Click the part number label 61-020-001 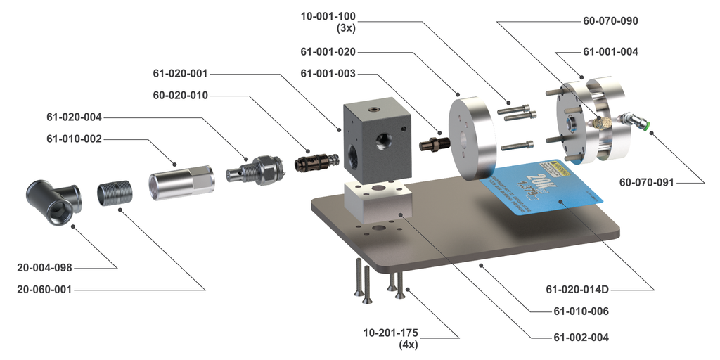pyautogui.click(x=180, y=73)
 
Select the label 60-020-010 pyautogui.click(x=180, y=95)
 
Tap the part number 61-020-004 pyautogui.click(x=74, y=117)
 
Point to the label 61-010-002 pyautogui.click(x=74, y=139)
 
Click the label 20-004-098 pyautogui.click(x=45, y=267)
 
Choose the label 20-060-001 pyautogui.click(x=45, y=289)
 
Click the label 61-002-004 pyautogui.click(x=581, y=337)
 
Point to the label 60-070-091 pyautogui.click(x=646, y=183)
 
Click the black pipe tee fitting pyautogui.click(x=52, y=201)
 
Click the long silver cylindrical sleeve pyautogui.click(x=180, y=181)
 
